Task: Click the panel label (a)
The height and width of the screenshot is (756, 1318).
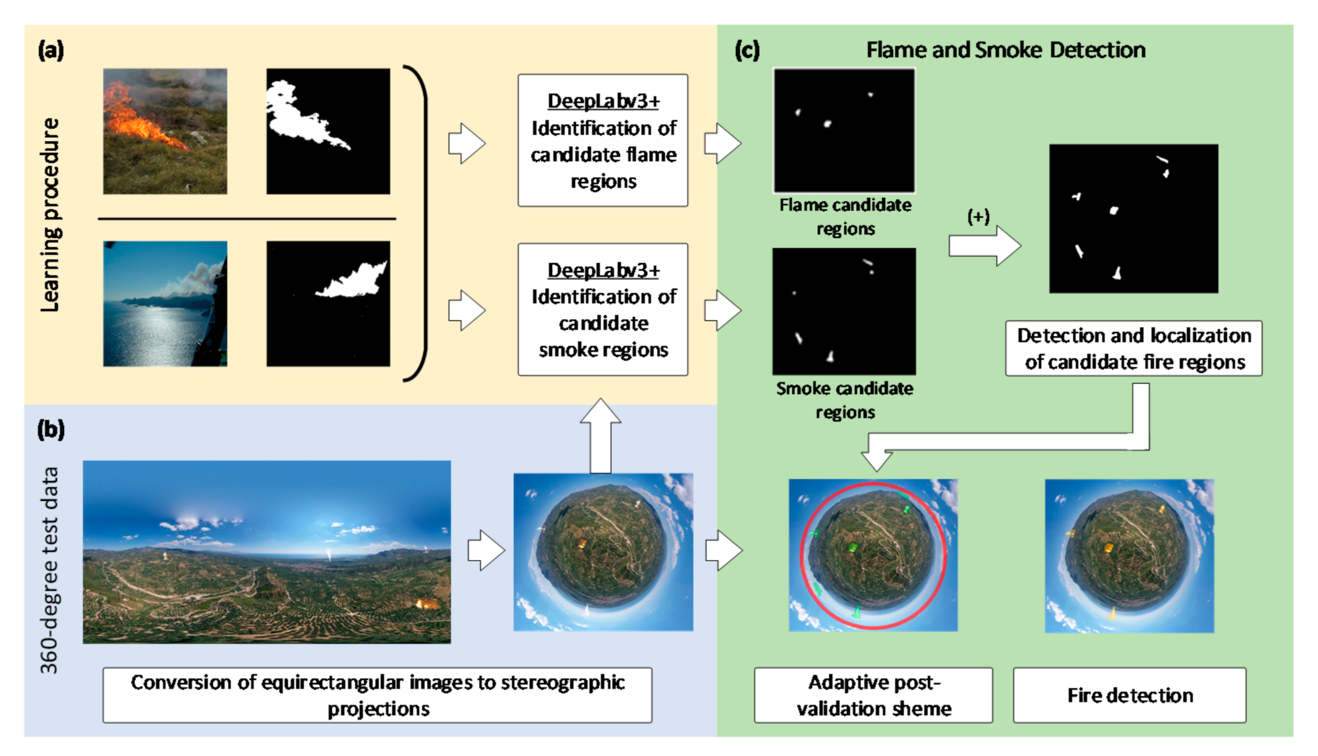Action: click(x=51, y=50)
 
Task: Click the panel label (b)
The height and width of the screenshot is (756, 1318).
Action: click(x=51, y=430)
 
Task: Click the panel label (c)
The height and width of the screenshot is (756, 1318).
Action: click(x=747, y=50)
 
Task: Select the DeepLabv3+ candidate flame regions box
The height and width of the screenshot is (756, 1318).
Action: click(x=603, y=140)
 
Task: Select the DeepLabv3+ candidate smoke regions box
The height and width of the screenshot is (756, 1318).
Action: click(x=603, y=309)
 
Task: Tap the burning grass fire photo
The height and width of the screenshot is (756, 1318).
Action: click(x=165, y=131)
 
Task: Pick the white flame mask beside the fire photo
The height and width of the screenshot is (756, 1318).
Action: click(x=328, y=131)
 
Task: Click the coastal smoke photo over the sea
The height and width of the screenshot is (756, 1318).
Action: click(x=165, y=304)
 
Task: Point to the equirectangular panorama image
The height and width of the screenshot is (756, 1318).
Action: click(x=267, y=552)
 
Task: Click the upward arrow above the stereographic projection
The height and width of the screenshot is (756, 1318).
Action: click(x=601, y=436)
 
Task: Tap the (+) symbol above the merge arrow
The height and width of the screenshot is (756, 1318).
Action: click(x=979, y=216)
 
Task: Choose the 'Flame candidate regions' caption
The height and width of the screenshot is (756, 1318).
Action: click(x=845, y=217)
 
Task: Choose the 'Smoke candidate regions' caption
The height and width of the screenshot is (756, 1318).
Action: click(x=845, y=400)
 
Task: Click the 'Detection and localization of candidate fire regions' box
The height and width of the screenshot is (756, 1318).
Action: click(x=1133, y=349)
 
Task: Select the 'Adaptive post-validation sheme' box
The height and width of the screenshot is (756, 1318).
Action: click(x=873, y=695)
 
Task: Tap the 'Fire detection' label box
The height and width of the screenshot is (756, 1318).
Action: click(x=1130, y=695)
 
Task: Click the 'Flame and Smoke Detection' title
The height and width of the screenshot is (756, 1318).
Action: click(x=1006, y=50)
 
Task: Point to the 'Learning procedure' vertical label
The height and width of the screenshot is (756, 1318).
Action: click(x=50, y=215)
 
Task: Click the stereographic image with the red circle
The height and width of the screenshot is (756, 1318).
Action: click(x=873, y=555)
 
